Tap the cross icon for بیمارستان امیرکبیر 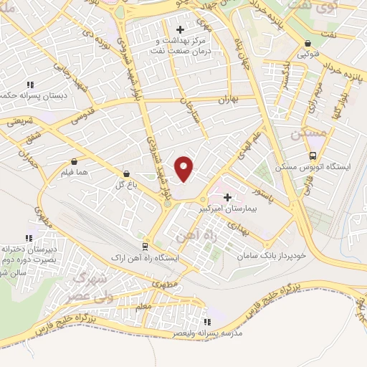[x=228, y=197]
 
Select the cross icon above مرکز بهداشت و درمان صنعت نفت [x=180, y=30]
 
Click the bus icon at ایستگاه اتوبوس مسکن [x=313, y=156]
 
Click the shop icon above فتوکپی [x=308, y=43]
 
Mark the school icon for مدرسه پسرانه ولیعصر [x=208, y=322]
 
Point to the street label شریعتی [x=21, y=123]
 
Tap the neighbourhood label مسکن [x=309, y=133]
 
